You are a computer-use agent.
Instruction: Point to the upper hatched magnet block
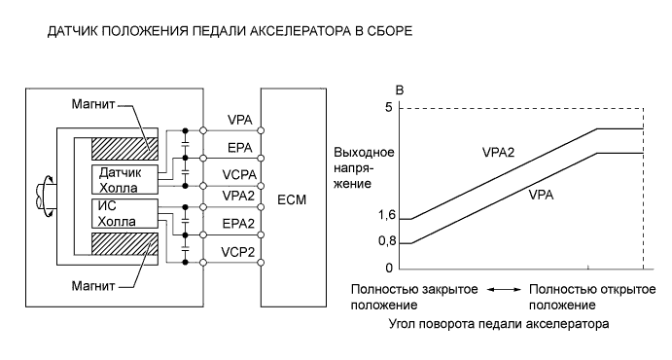click(x=123, y=148)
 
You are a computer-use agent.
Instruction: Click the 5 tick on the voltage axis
click(x=388, y=107)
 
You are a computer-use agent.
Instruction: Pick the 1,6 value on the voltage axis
click(x=385, y=219)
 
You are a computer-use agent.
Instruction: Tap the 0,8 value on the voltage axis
click(x=385, y=243)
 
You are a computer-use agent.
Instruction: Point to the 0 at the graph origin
click(x=388, y=268)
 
